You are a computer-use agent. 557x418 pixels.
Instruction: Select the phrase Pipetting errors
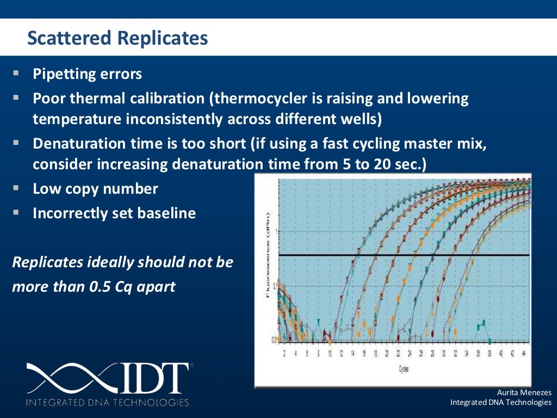tap(87, 74)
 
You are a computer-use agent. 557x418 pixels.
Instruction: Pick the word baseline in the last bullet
tap(167, 213)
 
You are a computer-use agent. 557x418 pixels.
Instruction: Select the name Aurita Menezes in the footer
tap(524, 392)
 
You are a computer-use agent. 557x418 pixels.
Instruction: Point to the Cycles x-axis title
tap(403, 368)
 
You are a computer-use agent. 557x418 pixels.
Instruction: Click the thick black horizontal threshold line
tap(403, 255)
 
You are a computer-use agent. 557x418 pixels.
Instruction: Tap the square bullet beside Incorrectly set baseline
tap(16, 212)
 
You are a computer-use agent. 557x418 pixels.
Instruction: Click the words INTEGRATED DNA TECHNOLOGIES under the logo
tap(107, 403)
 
